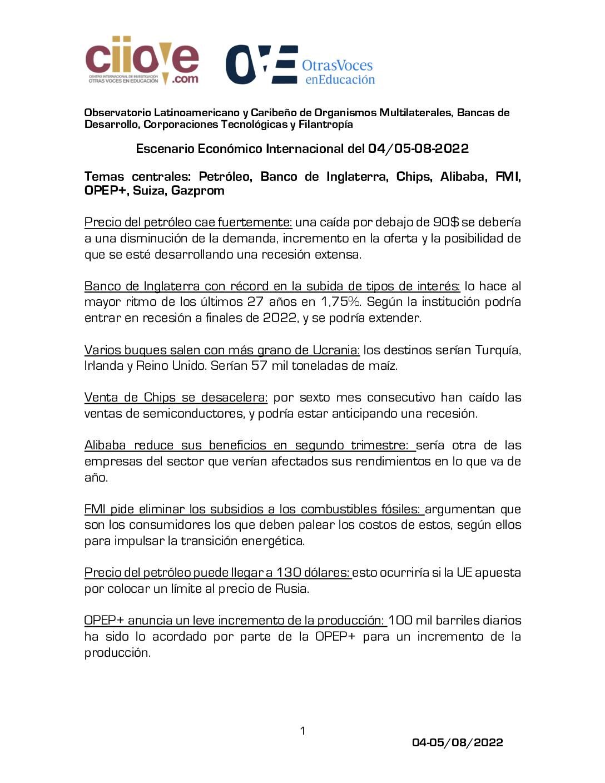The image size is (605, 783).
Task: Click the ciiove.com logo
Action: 142,61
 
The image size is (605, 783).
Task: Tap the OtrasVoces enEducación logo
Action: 300,65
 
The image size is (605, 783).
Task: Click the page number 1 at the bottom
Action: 302,731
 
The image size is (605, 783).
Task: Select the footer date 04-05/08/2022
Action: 457,742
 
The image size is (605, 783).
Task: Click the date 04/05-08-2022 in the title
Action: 418,149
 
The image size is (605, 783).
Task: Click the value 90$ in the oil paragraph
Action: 446,222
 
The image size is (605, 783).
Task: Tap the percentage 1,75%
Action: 340,302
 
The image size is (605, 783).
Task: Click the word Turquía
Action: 498,350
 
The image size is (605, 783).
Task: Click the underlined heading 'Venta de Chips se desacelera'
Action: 176,398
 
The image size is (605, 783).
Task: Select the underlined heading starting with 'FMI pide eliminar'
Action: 254,509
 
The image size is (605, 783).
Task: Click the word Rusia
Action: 291,589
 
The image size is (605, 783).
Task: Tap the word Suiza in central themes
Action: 148,191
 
